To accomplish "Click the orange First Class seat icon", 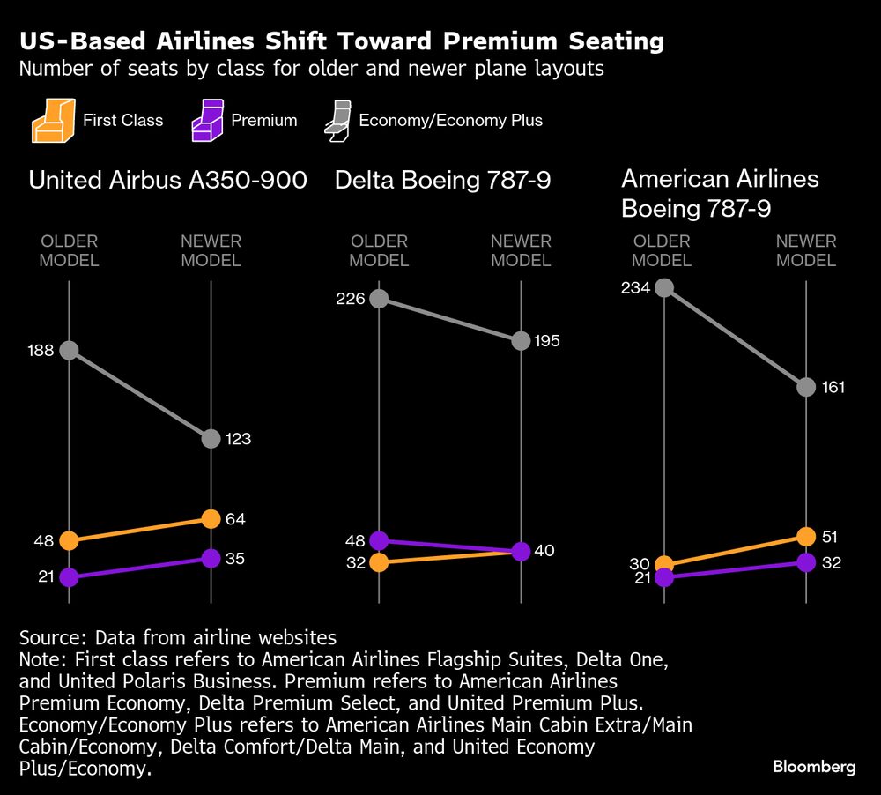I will [51, 120].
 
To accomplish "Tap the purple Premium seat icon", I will [207, 120].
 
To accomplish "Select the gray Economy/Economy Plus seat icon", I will [336, 120].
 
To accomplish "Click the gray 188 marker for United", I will [69, 350].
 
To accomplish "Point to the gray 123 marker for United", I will [211, 438].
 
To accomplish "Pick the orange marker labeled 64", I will [211, 519].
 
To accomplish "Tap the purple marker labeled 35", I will [211, 558].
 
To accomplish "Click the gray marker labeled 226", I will [379, 298].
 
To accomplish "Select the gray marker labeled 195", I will [521, 340].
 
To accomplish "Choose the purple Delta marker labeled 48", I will [379, 540].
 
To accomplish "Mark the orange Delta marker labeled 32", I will [379, 562].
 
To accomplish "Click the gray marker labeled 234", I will [664, 287].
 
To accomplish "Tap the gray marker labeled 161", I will [805, 387].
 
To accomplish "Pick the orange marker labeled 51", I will [805, 537].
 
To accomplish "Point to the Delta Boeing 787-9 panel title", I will [442, 181].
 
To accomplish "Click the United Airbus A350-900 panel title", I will [167, 181].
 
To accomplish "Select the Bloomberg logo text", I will [814, 767].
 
